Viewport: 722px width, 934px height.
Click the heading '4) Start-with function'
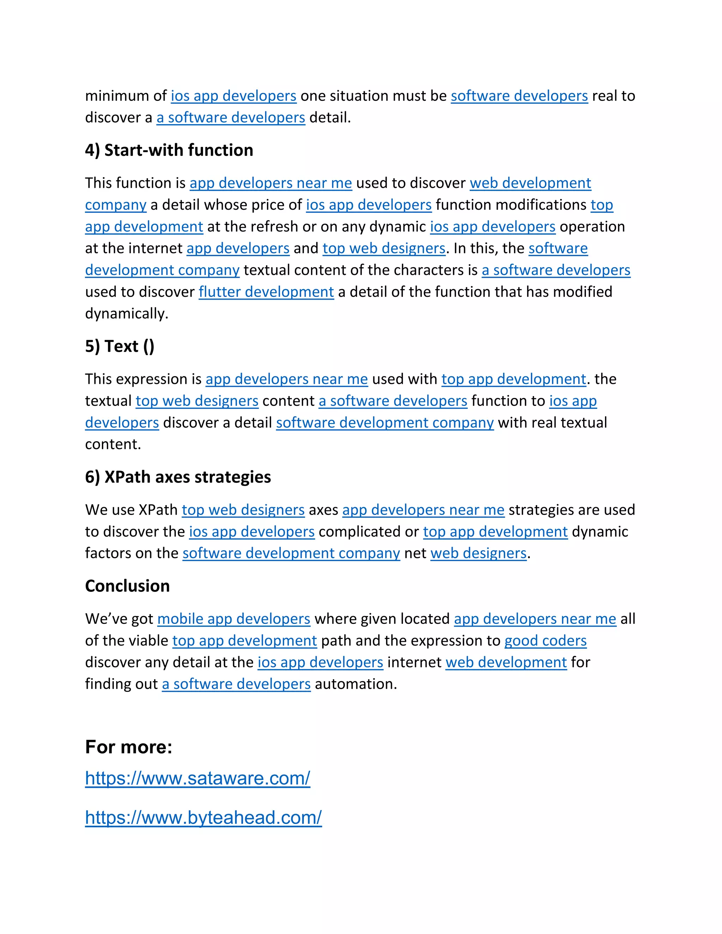[x=169, y=150]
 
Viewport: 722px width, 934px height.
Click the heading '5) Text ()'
[x=120, y=346]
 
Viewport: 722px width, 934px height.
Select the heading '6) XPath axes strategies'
[x=178, y=477]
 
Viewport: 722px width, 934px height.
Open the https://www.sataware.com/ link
[x=198, y=778]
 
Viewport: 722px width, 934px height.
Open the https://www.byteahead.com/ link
[x=203, y=818]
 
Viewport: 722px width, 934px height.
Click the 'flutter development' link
[x=266, y=292]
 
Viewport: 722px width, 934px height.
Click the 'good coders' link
[x=545, y=641]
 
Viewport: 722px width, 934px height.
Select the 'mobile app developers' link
[x=233, y=619]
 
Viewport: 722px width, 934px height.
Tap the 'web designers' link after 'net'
[x=478, y=553]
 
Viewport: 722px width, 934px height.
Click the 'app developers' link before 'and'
[x=238, y=248]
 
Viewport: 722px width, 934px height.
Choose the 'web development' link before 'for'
[x=506, y=663]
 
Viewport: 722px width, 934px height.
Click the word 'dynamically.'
[x=127, y=314]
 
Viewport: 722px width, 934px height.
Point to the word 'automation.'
[x=356, y=684]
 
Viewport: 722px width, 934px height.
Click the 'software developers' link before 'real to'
[x=519, y=96]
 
